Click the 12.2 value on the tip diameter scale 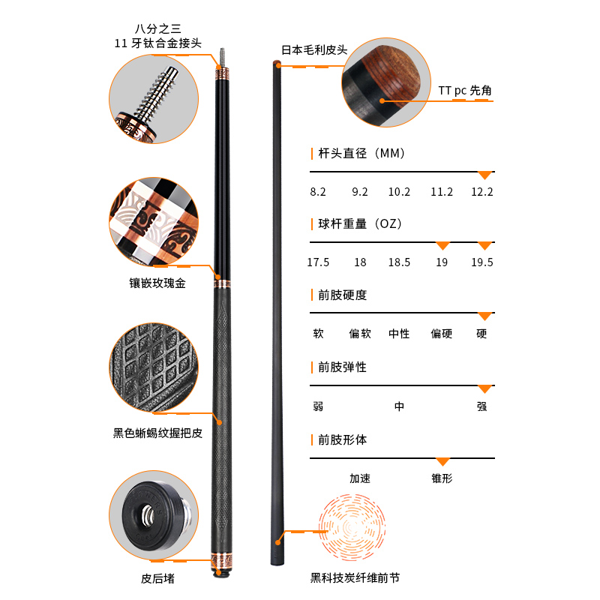[x=481, y=192]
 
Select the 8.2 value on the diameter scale [x=318, y=192]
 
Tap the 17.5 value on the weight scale [x=318, y=262]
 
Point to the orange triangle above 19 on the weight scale [x=442, y=246]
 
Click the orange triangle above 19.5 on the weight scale [x=484, y=246]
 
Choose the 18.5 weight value [x=399, y=262]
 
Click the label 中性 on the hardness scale [x=399, y=334]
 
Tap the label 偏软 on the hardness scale [x=360, y=334]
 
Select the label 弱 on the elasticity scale [x=318, y=406]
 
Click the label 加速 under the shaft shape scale [x=360, y=478]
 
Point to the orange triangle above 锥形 [x=442, y=462]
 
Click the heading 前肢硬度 [x=343, y=295]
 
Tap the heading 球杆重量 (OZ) [x=360, y=223]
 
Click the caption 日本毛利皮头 [x=314, y=49]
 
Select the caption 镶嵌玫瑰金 [x=157, y=283]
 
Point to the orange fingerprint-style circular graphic [x=352, y=527]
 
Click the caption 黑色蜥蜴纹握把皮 [x=157, y=433]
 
